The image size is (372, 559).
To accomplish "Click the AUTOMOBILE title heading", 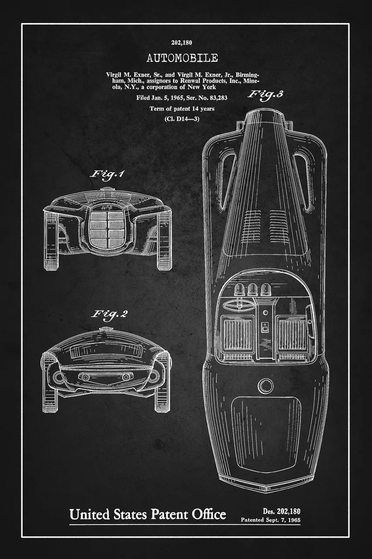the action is [182, 58].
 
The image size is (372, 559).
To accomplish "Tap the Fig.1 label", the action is [107, 174].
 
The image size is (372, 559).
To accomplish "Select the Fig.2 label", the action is [109, 314].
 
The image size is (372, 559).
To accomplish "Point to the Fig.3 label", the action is [266, 95].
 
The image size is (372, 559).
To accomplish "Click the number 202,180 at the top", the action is [182, 43].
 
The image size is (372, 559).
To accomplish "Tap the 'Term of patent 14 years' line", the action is [182, 109].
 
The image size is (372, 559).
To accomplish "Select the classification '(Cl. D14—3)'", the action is [182, 119].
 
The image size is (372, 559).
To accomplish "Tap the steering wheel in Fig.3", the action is [237, 305].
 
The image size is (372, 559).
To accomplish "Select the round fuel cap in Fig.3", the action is [266, 385].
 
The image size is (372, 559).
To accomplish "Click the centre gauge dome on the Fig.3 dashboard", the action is [253, 290].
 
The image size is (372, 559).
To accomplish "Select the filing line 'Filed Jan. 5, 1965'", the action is [160, 97].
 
